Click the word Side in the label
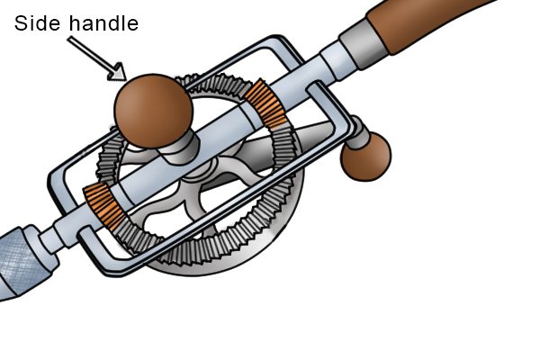coord(38,23)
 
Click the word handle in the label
coord(103,23)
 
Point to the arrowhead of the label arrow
coord(118,73)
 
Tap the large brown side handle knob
coord(153,111)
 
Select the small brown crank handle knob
coord(365,157)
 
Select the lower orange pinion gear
coord(104,206)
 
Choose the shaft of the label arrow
coord(91,54)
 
